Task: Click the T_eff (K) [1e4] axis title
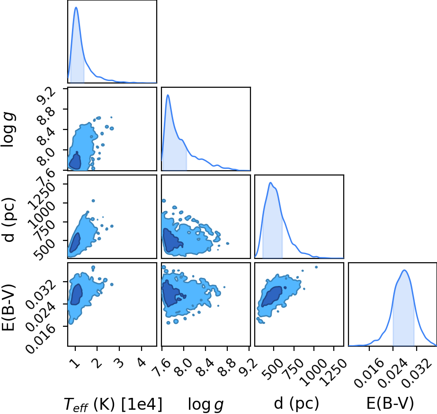pyautogui.click(x=113, y=404)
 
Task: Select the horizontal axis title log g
pyautogui.click(x=205, y=404)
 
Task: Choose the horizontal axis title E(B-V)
pyautogui.click(x=390, y=404)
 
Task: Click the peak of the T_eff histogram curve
pyautogui.click(x=76, y=7)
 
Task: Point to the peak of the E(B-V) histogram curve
pyautogui.click(x=404, y=270)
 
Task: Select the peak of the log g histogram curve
pyautogui.click(x=168, y=95)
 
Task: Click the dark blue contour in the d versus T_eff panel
pyautogui.click(x=75, y=242)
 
